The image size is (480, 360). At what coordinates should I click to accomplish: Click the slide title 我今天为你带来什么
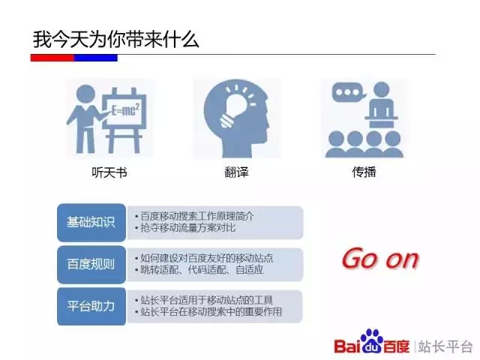tap(116, 40)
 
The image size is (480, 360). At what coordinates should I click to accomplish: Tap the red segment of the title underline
tap(52, 58)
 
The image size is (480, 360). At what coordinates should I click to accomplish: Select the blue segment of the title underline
tap(96, 58)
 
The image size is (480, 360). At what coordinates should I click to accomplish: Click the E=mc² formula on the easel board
tap(125, 109)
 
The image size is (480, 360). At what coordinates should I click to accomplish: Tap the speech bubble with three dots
tap(349, 92)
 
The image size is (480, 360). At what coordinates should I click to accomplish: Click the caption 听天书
tap(109, 172)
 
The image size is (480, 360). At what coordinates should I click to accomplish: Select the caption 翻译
tap(236, 172)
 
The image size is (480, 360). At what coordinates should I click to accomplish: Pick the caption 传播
tap(364, 172)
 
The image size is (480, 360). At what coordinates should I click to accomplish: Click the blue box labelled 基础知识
tap(91, 222)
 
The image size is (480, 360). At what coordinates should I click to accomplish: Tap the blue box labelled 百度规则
tap(91, 264)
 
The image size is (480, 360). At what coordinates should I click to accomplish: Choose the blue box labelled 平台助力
tap(91, 306)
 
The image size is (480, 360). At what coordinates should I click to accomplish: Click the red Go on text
tap(380, 259)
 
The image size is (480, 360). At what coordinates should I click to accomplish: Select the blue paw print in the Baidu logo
tap(371, 341)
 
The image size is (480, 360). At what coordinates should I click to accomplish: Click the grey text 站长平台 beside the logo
tap(445, 347)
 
